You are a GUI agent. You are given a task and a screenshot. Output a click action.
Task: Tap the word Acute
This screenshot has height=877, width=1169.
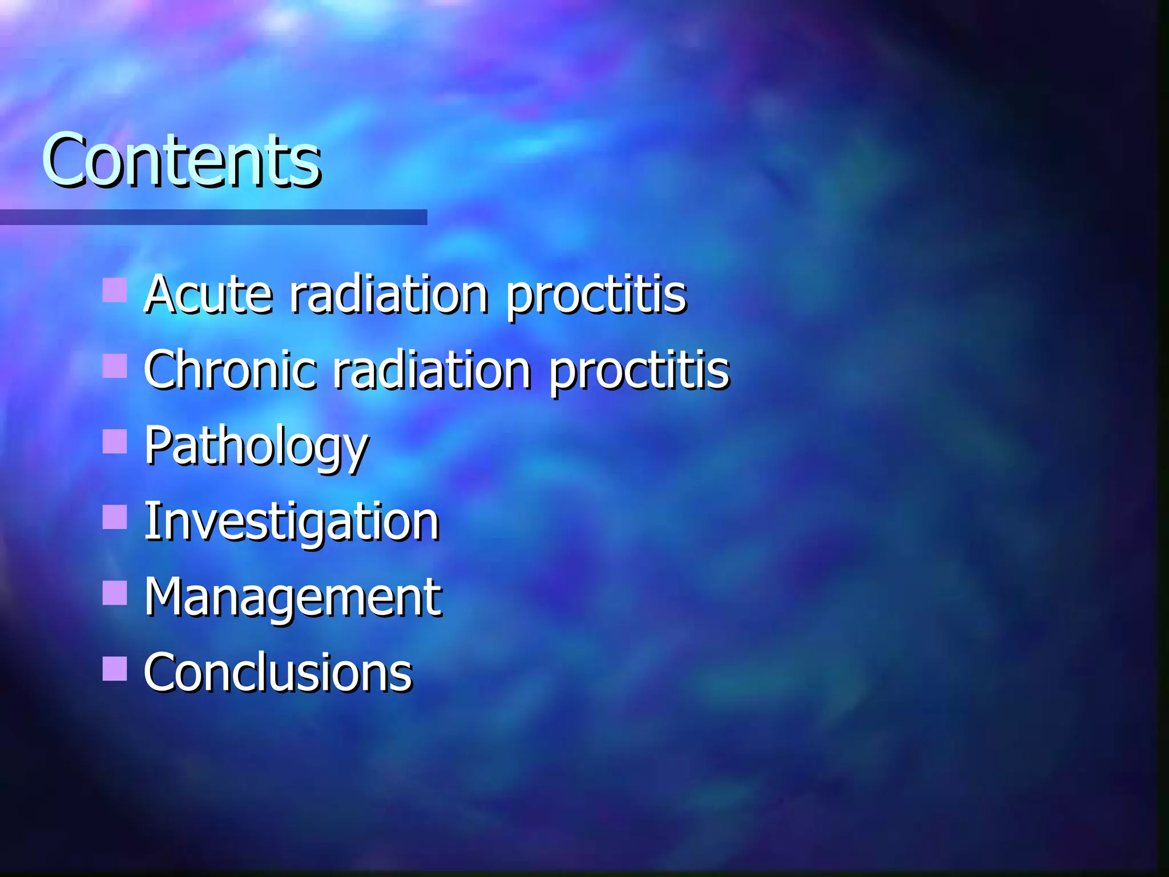tap(208, 295)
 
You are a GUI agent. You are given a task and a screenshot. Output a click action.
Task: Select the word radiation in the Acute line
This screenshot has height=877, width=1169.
tap(389, 295)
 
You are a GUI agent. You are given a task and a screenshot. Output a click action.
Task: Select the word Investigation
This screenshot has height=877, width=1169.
tap(291, 522)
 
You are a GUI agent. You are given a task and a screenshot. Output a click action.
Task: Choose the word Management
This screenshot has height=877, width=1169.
tap(292, 597)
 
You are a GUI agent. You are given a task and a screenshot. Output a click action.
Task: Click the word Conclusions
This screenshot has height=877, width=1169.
tap(277, 673)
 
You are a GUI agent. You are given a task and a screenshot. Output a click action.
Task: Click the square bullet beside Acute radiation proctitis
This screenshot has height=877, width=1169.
tap(115, 290)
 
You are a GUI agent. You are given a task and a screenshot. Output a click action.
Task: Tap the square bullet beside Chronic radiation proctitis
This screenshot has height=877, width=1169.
tap(115, 366)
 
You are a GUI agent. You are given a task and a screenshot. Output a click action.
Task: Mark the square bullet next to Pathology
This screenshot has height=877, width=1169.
tap(115, 441)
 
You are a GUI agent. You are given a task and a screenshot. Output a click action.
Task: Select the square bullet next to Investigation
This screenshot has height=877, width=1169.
tap(115, 517)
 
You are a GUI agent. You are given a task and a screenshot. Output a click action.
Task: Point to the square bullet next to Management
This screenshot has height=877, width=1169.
tap(115, 593)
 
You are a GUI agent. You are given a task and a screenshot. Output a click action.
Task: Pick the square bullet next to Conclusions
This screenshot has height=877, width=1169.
tap(115, 669)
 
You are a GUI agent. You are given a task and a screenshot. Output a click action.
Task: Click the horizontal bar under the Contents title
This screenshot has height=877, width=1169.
tap(213, 217)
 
